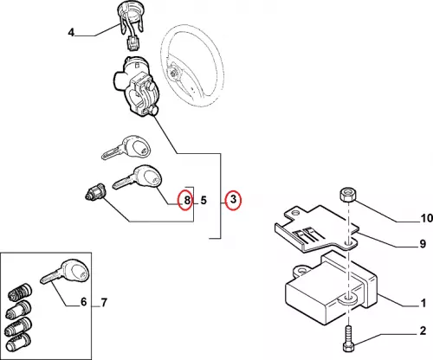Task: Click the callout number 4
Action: [71, 32]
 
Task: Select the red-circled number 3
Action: [233, 200]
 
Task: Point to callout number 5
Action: [204, 200]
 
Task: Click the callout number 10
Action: [427, 218]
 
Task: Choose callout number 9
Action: [423, 244]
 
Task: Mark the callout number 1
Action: [423, 303]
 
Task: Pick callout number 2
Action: [423, 331]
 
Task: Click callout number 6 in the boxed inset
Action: [83, 302]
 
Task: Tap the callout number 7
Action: [104, 302]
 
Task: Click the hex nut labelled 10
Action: [348, 195]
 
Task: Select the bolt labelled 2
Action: [347, 338]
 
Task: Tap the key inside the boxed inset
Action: [65, 272]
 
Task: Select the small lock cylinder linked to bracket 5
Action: [96, 192]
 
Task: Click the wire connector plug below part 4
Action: [133, 43]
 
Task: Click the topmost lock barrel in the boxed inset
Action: [19, 292]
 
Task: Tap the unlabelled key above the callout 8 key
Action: [126, 147]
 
